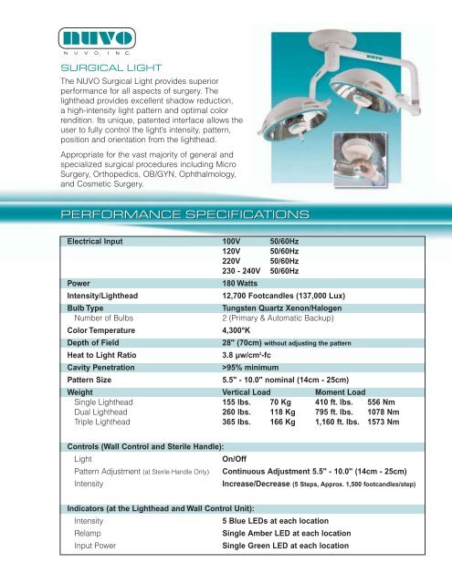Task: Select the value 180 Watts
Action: click(246, 284)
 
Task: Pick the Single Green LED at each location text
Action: click(298, 545)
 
